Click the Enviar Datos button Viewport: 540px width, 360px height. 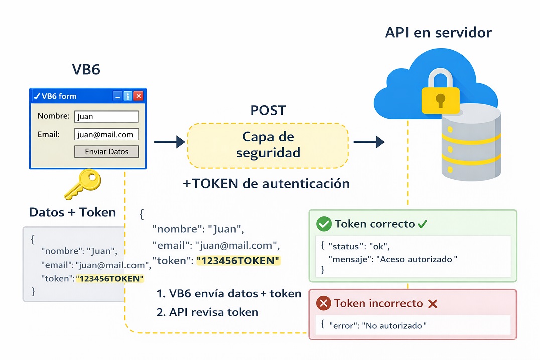point(106,152)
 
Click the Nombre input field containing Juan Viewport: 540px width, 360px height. point(106,116)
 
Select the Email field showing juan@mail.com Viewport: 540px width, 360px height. point(106,134)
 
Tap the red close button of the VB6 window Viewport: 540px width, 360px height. point(139,96)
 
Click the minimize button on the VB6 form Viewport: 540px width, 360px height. point(117,96)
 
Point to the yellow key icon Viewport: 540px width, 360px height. point(82,185)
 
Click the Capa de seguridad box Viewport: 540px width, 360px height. point(268,145)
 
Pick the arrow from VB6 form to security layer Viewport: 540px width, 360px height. point(169,142)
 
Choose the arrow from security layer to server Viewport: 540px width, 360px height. point(369,142)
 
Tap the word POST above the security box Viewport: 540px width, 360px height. point(268,110)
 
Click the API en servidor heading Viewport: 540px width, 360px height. point(438,33)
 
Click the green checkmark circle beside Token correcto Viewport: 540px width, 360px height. point(324,224)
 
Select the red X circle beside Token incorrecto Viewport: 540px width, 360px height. point(324,303)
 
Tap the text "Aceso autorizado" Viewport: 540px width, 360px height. point(419,259)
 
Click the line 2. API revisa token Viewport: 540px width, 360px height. point(207,312)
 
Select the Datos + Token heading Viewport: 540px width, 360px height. point(72,212)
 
